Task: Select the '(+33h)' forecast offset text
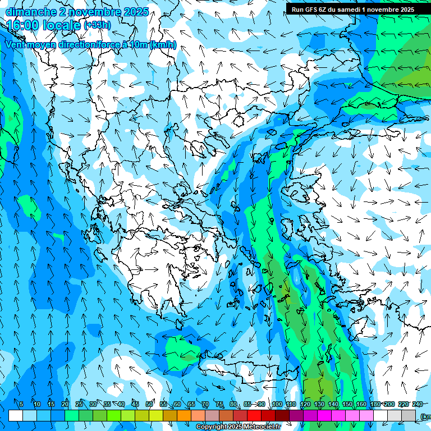point(97,25)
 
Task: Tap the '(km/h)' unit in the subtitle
point(163,45)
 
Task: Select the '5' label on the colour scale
point(21,405)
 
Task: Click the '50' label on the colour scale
point(149,405)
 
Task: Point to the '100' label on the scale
point(277,405)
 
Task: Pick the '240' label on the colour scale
point(418,405)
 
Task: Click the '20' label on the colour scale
point(65,405)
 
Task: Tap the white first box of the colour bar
point(16,415)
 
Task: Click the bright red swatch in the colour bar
point(254,415)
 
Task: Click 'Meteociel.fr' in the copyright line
point(262,427)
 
